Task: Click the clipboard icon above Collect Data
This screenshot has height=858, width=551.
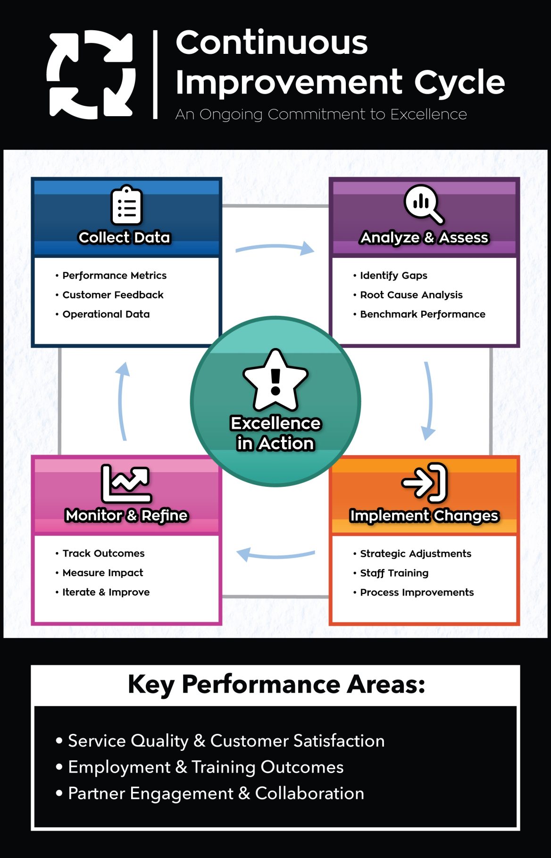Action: pos(126,205)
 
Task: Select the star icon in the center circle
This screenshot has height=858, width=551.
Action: pos(275,380)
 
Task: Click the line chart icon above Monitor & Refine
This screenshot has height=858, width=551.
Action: pos(126,483)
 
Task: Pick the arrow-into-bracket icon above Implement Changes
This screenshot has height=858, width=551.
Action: pos(424,482)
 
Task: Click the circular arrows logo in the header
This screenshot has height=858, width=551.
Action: pos(91,75)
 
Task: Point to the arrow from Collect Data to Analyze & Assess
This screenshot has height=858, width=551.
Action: pos(275,248)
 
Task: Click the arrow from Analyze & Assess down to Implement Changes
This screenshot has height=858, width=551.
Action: pos(428,401)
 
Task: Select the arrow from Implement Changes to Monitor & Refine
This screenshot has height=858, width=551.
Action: pos(275,555)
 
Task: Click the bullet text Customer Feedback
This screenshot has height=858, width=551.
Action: pos(113,295)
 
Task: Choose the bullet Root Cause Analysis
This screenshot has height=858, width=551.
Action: pos(411,295)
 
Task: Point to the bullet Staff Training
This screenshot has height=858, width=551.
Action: pos(394,573)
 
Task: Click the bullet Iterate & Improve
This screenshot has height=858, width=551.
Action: pos(106,592)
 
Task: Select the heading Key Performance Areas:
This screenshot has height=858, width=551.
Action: pos(276,684)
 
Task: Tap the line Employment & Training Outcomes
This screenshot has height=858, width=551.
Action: pos(206,767)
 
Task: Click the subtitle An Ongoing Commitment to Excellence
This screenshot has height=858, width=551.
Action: pos(321,114)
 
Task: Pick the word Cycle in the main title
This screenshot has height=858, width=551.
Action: pos(459,82)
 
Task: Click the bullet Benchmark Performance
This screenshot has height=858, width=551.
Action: pos(422,314)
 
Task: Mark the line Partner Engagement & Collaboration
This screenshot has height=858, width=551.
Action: pos(216,794)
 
